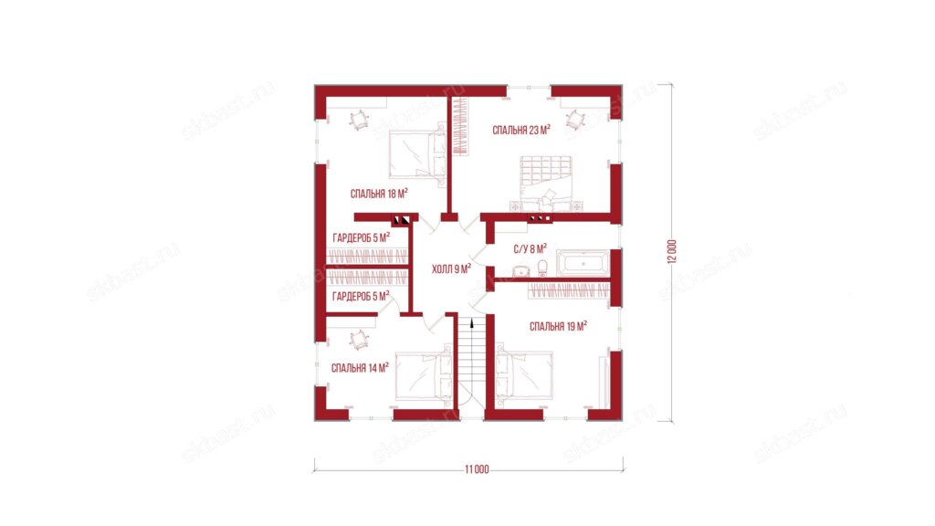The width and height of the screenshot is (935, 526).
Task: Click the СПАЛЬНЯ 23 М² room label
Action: [521, 130]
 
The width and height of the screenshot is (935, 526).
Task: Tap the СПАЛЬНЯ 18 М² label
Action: [379, 194]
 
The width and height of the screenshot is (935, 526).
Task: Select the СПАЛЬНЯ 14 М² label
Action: [360, 368]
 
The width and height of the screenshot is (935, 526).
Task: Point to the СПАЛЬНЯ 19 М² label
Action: [558, 326]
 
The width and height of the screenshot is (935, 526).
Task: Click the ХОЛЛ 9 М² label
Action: [451, 269]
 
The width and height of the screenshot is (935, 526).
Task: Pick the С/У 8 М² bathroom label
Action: [531, 249]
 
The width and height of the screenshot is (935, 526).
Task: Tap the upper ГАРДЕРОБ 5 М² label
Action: [362, 238]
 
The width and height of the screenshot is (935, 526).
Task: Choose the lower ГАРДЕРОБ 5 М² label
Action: [361, 296]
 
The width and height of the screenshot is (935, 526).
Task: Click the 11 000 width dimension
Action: [477, 469]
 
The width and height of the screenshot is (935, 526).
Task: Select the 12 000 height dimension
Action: [673, 252]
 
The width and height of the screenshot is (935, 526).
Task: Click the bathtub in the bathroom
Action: [583, 263]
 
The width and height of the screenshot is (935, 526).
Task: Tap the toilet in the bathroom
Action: [542, 268]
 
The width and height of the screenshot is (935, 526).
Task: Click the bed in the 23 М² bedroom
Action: [546, 183]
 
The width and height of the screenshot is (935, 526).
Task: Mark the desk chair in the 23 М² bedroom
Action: [575, 120]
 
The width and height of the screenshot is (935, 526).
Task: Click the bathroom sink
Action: [521, 271]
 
